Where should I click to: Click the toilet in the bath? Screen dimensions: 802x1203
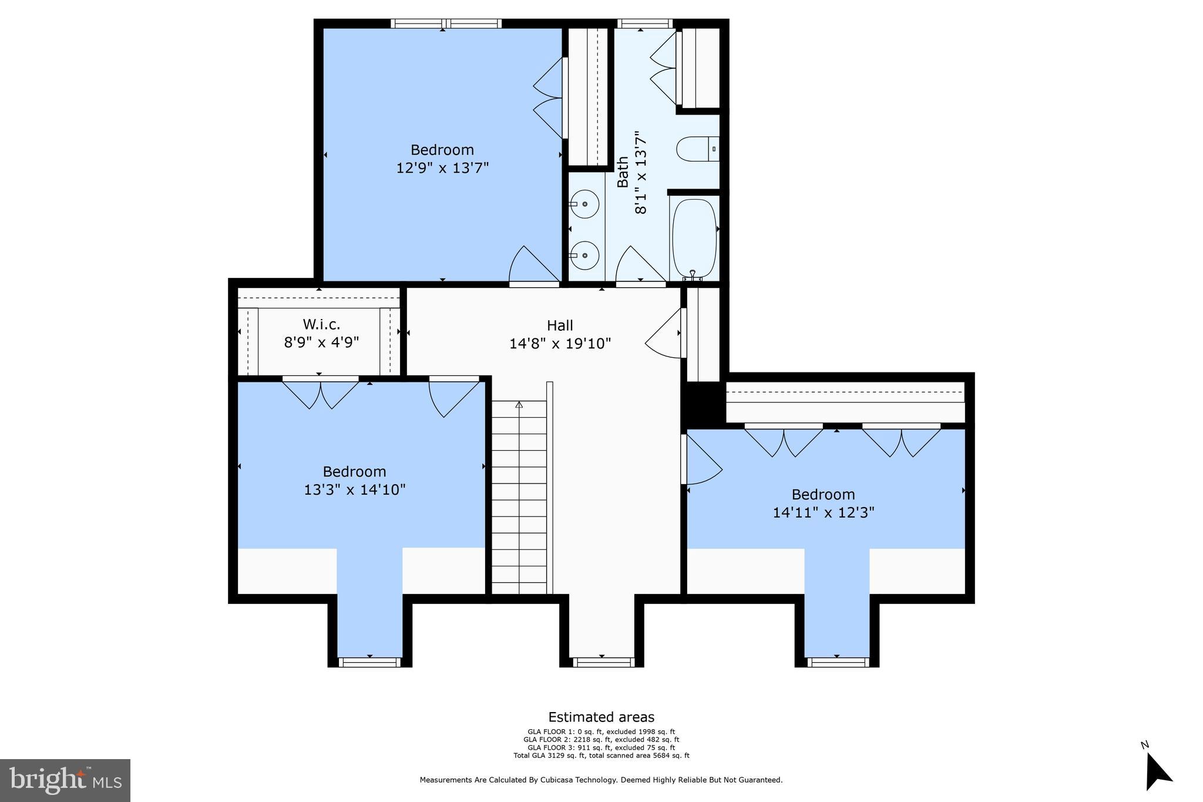tap(697, 149)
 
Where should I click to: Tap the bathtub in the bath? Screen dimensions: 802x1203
tap(694, 238)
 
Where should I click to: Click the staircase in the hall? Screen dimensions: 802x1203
tap(519, 496)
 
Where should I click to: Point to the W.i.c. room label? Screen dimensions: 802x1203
tap(321, 324)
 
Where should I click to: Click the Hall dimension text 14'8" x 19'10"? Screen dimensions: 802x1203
tap(560, 344)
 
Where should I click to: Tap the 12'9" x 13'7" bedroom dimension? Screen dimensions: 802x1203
tap(442, 168)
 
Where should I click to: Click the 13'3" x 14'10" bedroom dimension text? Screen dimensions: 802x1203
tap(354, 489)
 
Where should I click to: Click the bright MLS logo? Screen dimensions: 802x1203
tap(65, 780)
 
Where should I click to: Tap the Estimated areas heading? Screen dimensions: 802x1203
tap(601, 717)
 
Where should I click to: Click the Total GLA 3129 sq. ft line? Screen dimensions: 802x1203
tap(601, 756)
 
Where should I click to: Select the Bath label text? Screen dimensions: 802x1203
tap(623, 172)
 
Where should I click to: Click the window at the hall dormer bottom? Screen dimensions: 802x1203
tap(603, 662)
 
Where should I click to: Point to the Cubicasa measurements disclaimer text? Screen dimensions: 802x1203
tap(601, 780)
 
